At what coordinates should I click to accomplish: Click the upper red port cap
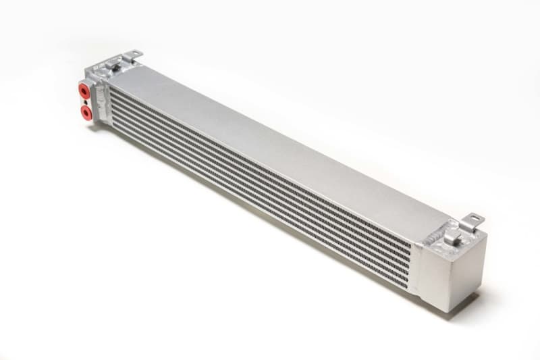pos(85,90)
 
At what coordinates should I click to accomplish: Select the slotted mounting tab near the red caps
pos(132,54)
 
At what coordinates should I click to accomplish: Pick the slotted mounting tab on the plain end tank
pos(474,220)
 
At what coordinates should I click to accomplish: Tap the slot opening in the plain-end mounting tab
pos(475,219)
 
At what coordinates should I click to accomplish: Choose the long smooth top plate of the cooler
pos(270,142)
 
